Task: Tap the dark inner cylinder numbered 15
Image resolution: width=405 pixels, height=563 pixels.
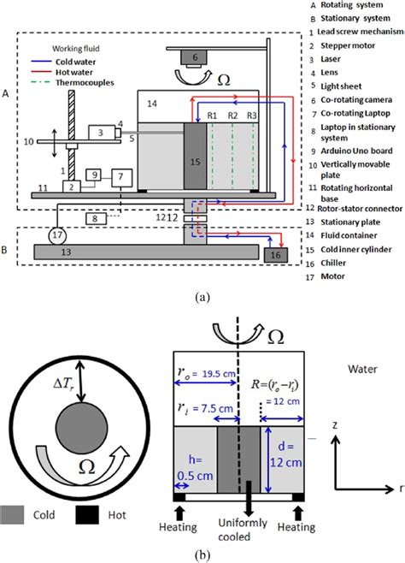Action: tap(196, 157)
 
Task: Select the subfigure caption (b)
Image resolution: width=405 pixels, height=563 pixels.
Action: tap(201, 554)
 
